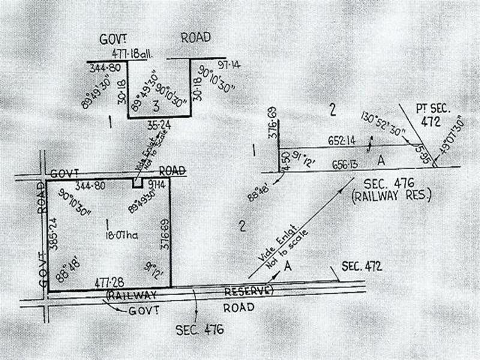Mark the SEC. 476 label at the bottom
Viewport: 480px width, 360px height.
[200, 329]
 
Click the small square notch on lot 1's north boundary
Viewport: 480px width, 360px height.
[137, 183]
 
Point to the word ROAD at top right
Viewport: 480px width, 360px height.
[196, 37]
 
